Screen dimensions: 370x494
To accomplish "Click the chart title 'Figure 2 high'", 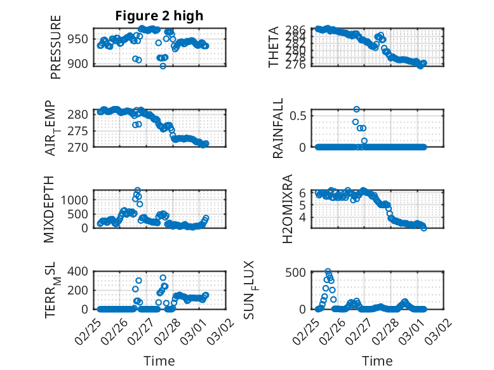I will (x=159, y=16).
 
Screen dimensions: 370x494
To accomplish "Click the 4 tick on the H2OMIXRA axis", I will (x=304, y=216).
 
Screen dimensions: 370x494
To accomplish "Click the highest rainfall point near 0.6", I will (x=357, y=110).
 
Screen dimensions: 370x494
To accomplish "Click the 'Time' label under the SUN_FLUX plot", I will (x=377, y=360).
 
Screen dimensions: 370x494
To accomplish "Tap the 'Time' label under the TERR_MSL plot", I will (x=159, y=360).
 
